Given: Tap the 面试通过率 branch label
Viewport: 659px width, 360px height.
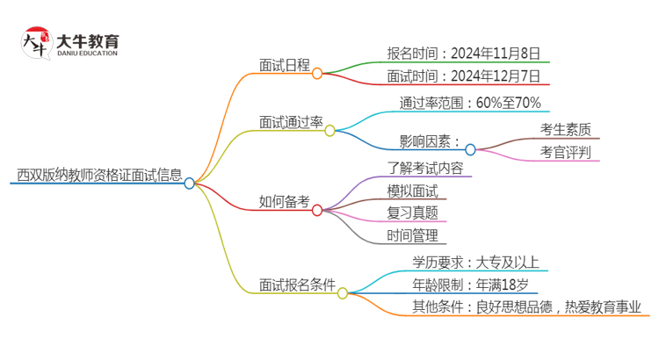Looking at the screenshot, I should coord(290,121).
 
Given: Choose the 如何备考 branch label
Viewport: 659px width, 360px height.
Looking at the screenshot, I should coord(285,201).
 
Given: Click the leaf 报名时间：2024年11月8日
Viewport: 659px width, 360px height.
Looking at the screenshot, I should coord(463,53).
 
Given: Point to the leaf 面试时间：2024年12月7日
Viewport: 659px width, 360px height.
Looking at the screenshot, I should coord(463,76).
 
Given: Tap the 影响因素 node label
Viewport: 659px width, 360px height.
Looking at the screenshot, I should coord(430,140).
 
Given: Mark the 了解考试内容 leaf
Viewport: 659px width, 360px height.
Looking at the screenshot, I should coord(424,167).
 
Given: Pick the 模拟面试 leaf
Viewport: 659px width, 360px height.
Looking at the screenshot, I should coord(411,191).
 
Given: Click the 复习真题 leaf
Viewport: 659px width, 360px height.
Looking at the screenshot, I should coord(411,212).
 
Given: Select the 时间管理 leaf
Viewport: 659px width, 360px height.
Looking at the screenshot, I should coord(411,235).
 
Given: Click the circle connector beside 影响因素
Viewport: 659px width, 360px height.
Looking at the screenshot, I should coord(470,149).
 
